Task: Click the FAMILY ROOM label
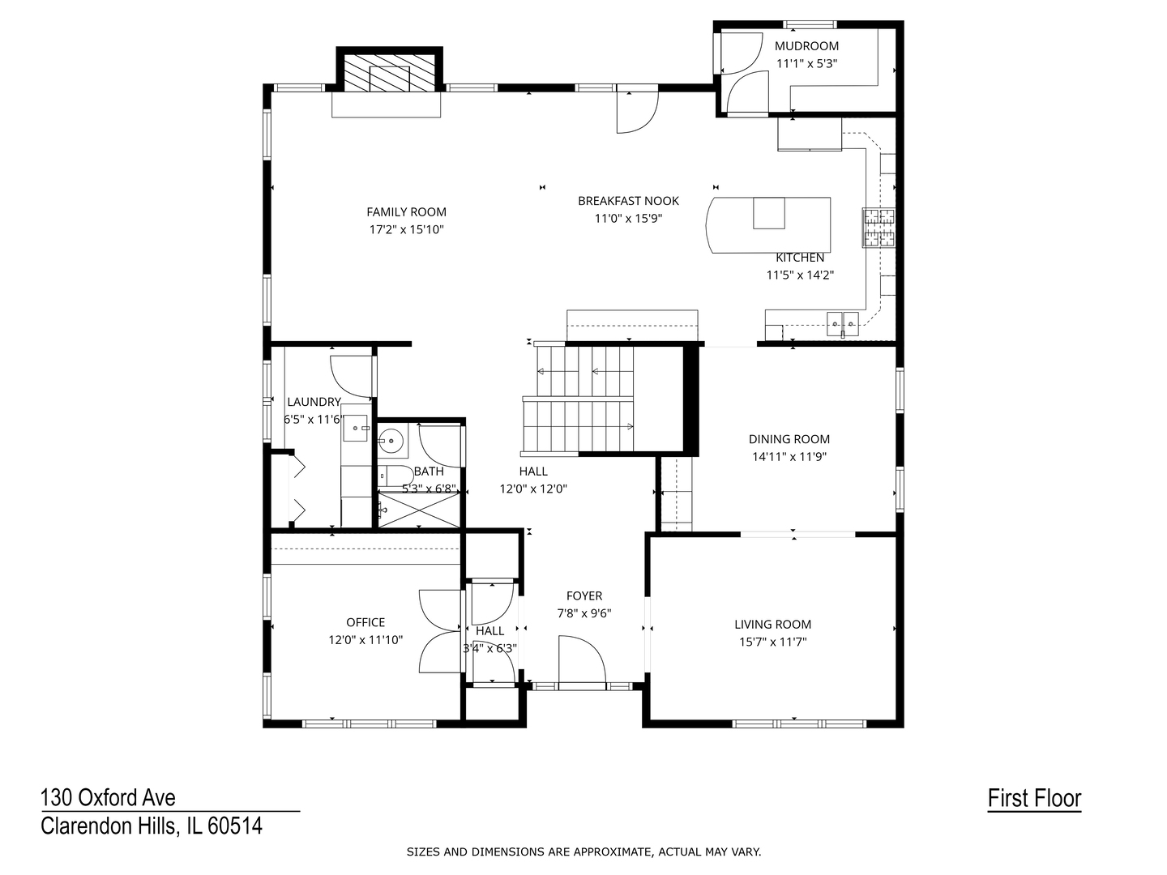tap(406, 212)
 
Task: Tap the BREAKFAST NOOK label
tap(628, 201)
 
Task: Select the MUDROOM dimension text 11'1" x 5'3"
tap(806, 62)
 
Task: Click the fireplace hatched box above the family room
tap(390, 72)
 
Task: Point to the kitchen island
tap(770, 224)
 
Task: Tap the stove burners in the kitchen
tap(878, 227)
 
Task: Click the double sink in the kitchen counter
tap(842, 323)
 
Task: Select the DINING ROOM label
tap(789, 439)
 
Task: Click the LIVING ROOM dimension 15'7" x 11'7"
tap(772, 642)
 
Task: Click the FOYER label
tap(583, 596)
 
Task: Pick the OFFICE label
tap(365, 622)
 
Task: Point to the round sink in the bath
tap(392, 442)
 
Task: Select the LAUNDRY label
tap(314, 402)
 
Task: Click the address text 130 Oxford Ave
tap(108, 798)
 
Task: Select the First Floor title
tap(1034, 799)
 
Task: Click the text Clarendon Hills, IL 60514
tap(152, 826)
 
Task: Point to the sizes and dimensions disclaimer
tap(583, 852)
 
